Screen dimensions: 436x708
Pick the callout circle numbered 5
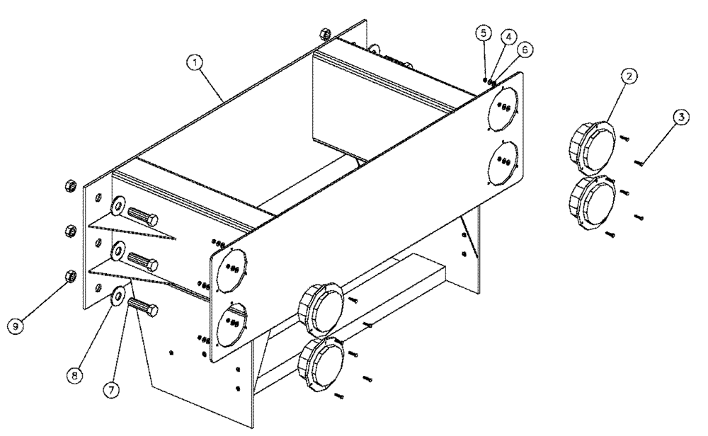tap(483, 33)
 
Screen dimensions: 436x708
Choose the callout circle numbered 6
tap(525, 49)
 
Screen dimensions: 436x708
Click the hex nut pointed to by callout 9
tap(70, 275)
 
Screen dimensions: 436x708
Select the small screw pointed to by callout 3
tap(639, 163)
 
